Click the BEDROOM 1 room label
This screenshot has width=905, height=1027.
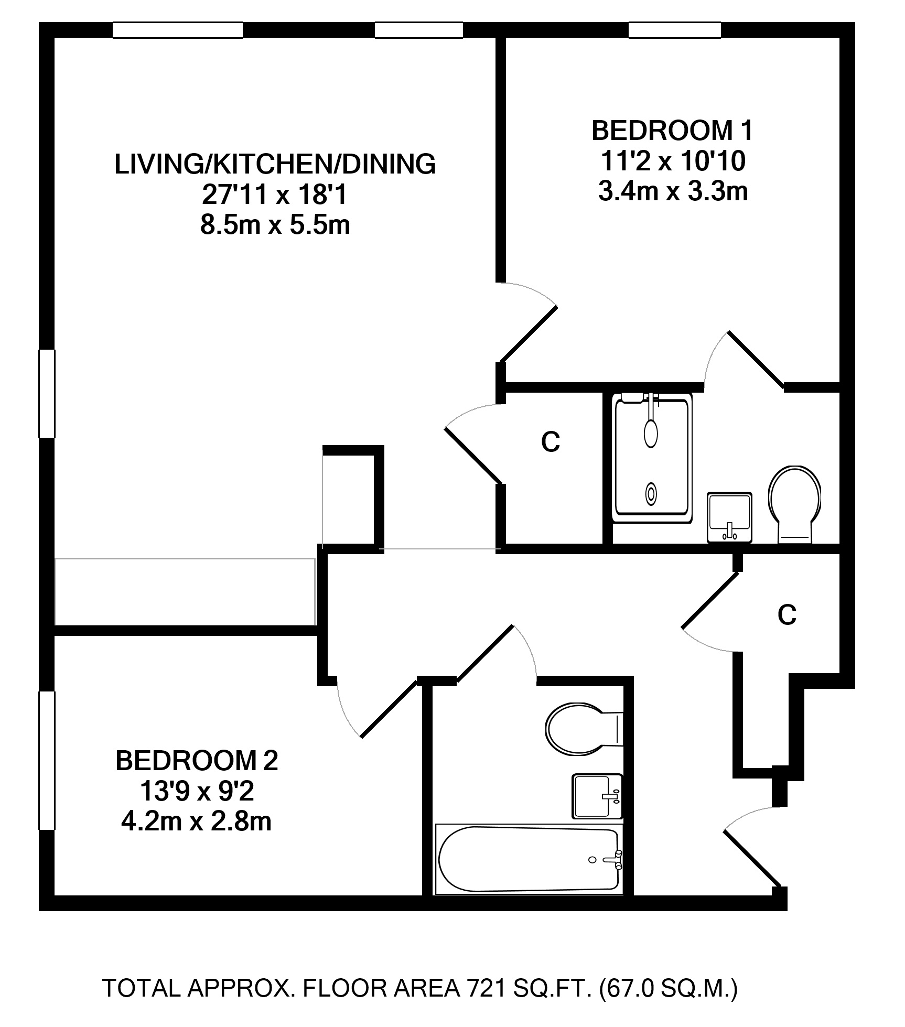672,131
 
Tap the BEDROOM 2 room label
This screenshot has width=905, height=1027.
197,761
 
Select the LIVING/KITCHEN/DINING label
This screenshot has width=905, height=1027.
275,164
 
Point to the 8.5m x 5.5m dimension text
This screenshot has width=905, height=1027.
275,225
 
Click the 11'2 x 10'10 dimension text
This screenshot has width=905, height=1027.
673,161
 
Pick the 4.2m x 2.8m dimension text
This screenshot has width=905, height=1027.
197,821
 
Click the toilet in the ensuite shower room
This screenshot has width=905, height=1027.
795,504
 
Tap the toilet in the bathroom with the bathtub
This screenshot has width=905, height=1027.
584,729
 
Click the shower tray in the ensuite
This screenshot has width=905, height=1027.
652,457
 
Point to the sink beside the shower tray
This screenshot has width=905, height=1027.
729,517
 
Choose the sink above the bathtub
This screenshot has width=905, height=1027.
597,796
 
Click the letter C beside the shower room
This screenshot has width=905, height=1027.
551,442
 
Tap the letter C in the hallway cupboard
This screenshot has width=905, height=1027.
787,615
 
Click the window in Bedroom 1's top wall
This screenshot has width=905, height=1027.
675,30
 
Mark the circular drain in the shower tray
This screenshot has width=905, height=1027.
651,493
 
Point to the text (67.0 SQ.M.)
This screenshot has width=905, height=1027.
669,988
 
